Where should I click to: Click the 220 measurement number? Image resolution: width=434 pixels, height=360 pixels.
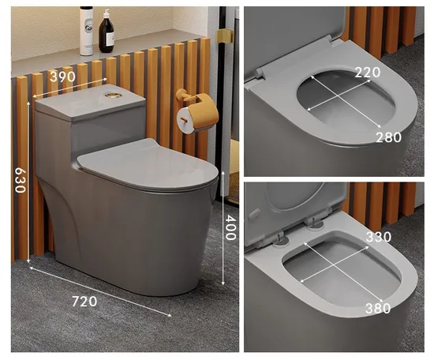tap(367, 72)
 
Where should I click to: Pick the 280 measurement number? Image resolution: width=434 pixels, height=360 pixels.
tap(388, 137)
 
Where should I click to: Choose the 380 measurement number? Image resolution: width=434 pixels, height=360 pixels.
tap(377, 308)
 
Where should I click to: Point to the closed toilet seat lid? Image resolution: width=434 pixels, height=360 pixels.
tap(148, 163)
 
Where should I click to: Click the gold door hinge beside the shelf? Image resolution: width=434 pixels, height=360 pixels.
tap(224, 36)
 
